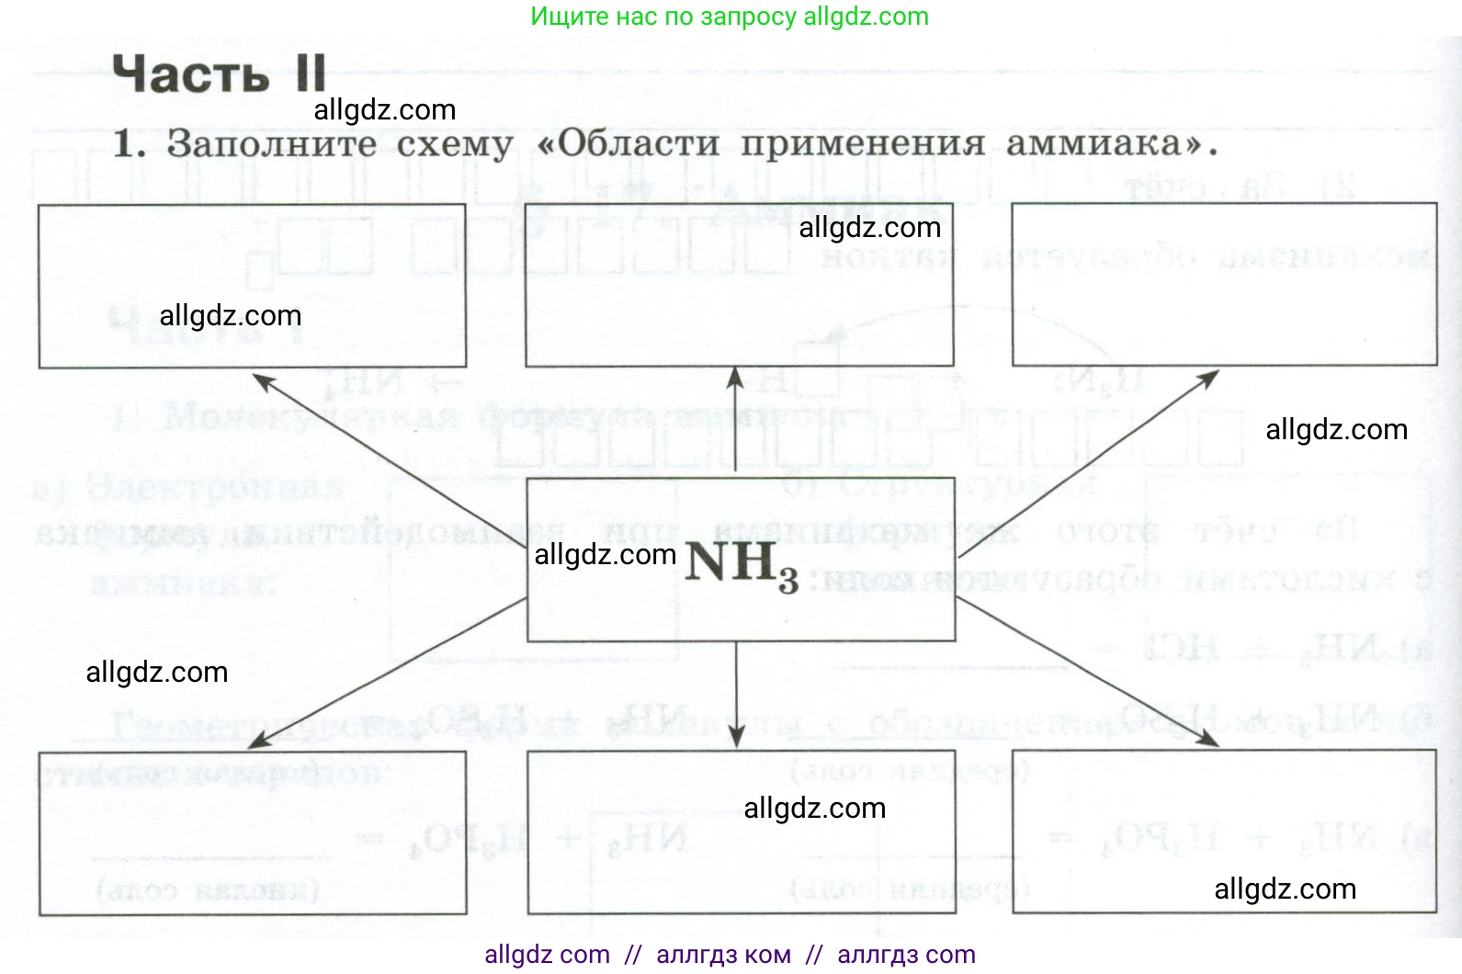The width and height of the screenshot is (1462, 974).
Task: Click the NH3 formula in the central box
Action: click(x=741, y=563)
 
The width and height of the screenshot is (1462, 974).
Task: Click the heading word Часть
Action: click(x=190, y=74)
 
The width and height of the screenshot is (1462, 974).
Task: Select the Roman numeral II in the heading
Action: click(x=312, y=73)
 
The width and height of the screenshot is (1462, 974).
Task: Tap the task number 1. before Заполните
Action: click(x=128, y=144)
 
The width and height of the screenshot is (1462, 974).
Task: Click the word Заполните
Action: click(x=272, y=144)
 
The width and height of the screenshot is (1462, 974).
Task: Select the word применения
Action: click(x=862, y=143)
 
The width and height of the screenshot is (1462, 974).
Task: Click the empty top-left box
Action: click(x=252, y=286)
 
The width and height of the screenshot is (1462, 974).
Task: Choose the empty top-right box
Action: click(x=1224, y=285)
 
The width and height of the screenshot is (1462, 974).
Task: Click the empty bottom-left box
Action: click(x=252, y=832)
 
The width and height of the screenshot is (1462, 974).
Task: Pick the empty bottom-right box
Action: click(x=1224, y=832)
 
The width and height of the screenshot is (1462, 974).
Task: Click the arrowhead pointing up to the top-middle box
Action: click(x=735, y=377)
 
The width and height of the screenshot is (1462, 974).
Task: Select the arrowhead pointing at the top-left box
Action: click(x=264, y=380)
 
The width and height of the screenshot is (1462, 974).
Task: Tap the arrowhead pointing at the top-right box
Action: click(x=1207, y=379)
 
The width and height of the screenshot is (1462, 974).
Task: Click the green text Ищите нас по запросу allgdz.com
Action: click(x=730, y=17)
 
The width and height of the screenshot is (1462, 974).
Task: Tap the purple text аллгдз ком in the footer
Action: click(x=723, y=955)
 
